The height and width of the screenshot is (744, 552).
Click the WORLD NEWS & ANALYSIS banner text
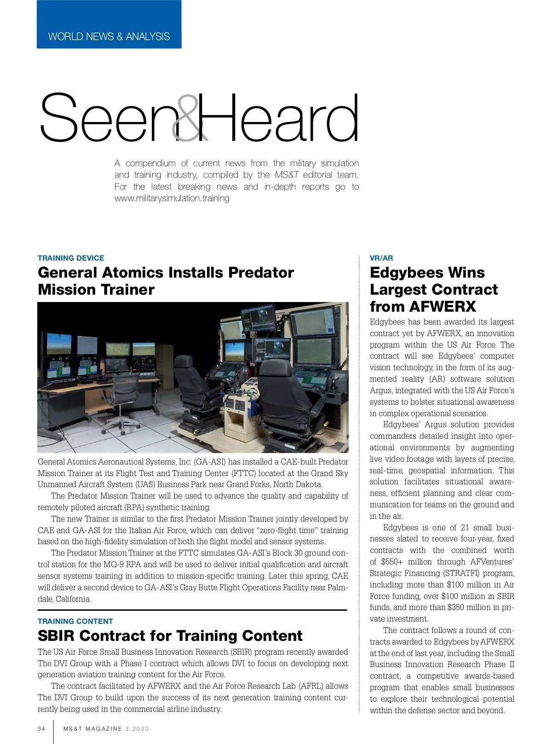[x=109, y=36]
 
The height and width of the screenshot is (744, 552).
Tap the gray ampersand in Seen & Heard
[x=188, y=118]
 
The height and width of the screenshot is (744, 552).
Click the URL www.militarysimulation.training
[x=172, y=198]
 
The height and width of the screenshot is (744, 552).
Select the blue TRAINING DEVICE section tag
[x=71, y=258]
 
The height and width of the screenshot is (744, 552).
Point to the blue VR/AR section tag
[x=381, y=258]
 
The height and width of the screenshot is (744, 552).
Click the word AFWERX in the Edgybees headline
[x=442, y=307]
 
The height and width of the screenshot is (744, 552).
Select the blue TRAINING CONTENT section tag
[x=75, y=621]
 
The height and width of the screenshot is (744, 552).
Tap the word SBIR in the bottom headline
[x=56, y=636]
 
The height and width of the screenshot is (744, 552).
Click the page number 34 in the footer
[x=41, y=729]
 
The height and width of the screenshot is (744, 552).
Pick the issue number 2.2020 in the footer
[x=137, y=729]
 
